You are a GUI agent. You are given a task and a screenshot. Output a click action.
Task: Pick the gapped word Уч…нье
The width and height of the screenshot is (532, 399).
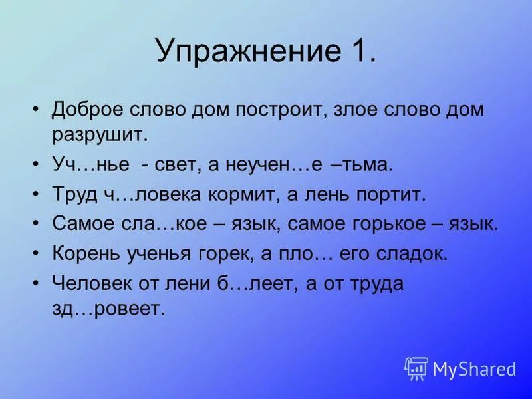[x=84, y=164]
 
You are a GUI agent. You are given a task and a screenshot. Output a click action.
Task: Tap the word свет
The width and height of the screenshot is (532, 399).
[x=178, y=164]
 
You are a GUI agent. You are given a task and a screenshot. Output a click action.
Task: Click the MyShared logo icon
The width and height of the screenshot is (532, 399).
[x=416, y=368]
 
